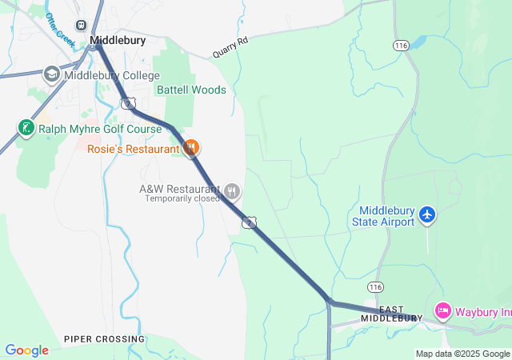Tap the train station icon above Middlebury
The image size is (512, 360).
81,26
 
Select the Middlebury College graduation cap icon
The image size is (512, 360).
52,75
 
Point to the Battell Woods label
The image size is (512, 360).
191,90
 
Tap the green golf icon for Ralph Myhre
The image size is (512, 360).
26,127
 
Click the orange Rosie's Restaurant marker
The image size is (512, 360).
191,148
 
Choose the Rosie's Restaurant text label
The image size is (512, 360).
134,149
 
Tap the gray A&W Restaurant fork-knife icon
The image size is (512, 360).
232,190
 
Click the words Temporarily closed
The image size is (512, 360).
182,198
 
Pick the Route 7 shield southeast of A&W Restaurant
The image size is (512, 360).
250,222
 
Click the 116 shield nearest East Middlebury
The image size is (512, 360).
375,286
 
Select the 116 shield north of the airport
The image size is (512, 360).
401,46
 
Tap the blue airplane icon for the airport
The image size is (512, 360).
428,214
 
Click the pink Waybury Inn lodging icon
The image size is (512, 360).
442,310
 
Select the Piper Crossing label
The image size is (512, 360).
105,339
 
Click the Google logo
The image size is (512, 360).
26,350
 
